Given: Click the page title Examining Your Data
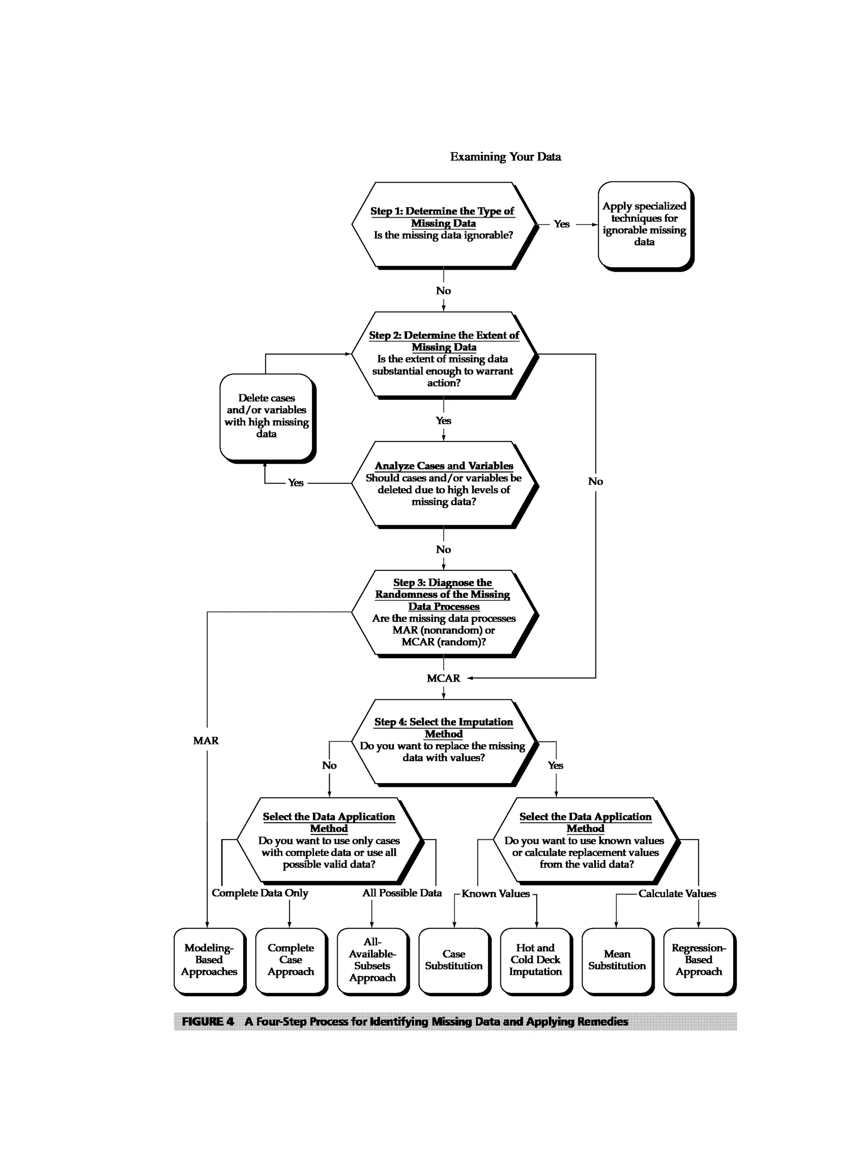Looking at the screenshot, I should tap(505, 157).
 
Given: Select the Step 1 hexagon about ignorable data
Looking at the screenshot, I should tap(443, 224).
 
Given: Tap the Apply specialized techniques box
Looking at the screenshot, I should tap(645, 224).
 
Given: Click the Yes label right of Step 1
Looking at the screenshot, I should tap(561, 224).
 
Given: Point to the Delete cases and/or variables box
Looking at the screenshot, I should tap(267, 416).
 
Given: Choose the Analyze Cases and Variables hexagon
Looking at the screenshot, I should tap(443, 484).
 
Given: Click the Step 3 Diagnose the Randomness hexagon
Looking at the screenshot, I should tap(443, 612).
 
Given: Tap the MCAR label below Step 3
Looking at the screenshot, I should tap(443, 678).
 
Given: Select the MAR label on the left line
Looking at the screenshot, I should tap(206, 741).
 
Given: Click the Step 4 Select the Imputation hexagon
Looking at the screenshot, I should tap(443, 741).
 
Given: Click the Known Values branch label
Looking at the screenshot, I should tap(495, 894).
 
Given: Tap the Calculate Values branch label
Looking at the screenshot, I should tap(677, 894).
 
